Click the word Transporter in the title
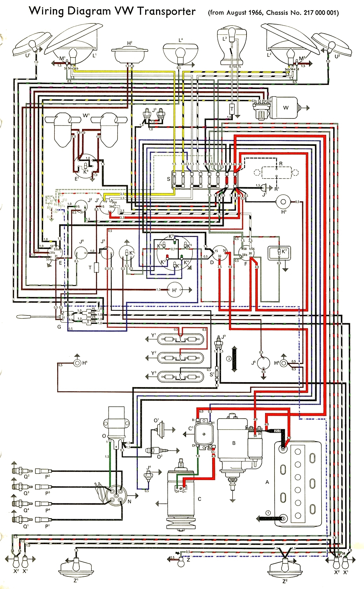tap(166, 11)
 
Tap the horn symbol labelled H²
tap(129, 54)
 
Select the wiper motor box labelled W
tap(286, 107)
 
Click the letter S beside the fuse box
tap(169, 179)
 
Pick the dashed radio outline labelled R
tap(276, 172)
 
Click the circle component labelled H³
tap(283, 202)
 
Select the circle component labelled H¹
tap(175, 290)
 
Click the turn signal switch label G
tap(59, 327)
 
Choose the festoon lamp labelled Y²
tap(180, 358)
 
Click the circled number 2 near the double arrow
tap(229, 359)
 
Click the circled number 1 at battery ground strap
tap(268, 513)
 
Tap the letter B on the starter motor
tap(234, 443)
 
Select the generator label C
tap(199, 499)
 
